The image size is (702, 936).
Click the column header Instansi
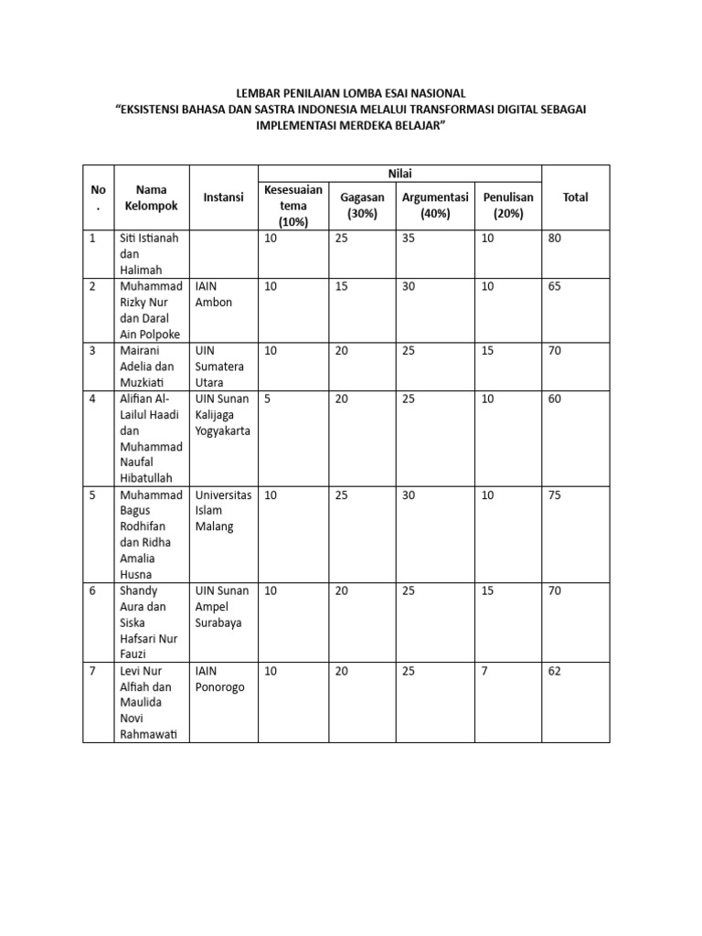(x=223, y=197)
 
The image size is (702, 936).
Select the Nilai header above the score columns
(x=400, y=174)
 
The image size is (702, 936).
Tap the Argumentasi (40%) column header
(x=434, y=206)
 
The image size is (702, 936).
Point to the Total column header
(x=575, y=197)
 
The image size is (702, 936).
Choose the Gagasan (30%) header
(x=362, y=206)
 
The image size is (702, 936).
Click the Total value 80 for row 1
(x=555, y=239)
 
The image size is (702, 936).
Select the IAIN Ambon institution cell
(x=214, y=294)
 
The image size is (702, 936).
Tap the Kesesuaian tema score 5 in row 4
(x=267, y=399)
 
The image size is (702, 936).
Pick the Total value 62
(x=555, y=672)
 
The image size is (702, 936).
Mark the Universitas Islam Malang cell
(x=223, y=511)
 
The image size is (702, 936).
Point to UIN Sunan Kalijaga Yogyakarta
(x=223, y=415)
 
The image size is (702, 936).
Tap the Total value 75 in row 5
(x=555, y=495)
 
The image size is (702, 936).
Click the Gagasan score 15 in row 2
(x=341, y=287)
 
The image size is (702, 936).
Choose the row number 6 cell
(x=92, y=591)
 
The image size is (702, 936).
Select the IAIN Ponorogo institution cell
(x=219, y=679)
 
